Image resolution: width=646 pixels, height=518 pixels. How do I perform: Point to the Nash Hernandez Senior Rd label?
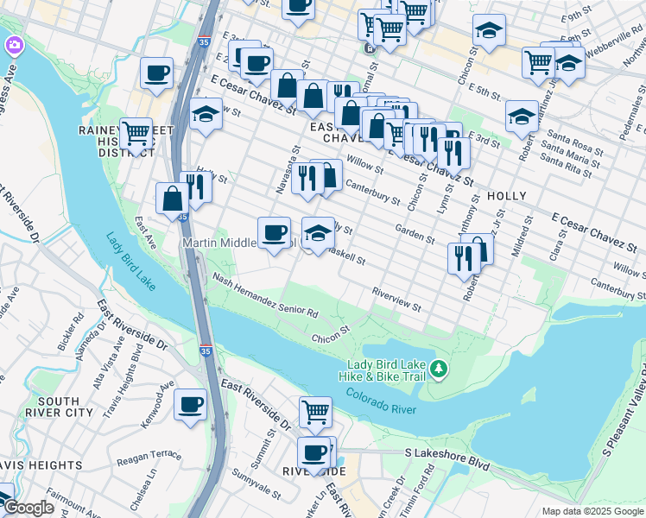(266, 294)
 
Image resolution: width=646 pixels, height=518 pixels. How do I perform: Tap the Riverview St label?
(396, 300)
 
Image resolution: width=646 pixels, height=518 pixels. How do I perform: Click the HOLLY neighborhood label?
(507, 196)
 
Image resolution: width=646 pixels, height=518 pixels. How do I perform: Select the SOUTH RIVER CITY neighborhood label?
(60, 407)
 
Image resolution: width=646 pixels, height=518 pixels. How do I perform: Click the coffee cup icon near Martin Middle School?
(275, 232)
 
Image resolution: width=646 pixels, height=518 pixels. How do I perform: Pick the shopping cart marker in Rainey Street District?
(136, 134)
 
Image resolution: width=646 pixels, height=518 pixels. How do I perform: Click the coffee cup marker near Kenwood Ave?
(190, 404)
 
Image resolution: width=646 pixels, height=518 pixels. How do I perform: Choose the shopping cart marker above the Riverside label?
(316, 412)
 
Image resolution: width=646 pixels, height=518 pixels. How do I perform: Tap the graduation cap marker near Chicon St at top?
(489, 31)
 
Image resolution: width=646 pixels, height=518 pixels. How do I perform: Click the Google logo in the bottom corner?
(28, 508)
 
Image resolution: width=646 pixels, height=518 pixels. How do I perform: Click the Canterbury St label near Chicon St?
(372, 193)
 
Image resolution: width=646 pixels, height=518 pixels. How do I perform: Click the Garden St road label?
(414, 233)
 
